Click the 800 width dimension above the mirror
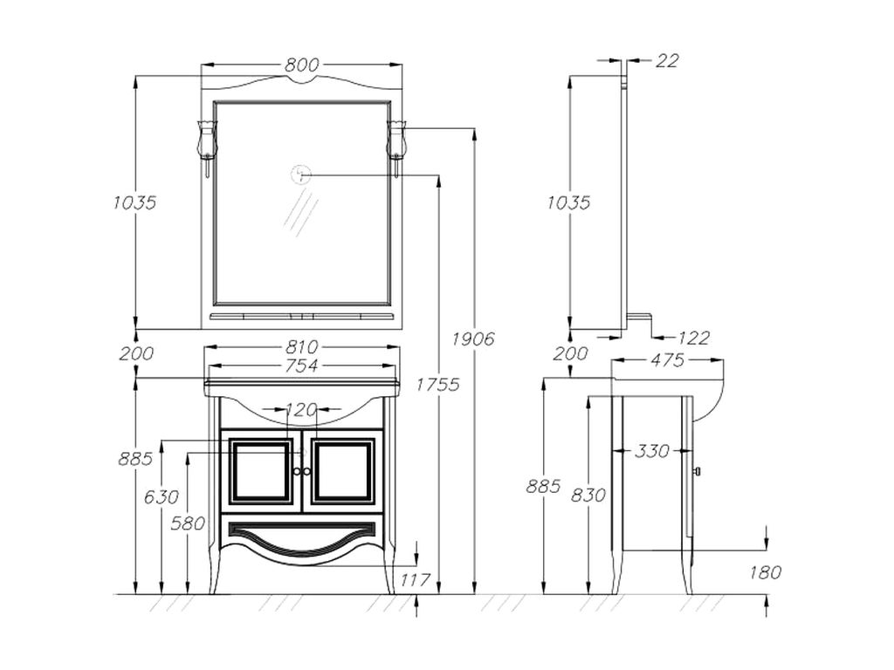[x=301, y=65]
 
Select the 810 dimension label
[x=301, y=347]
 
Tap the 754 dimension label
[x=301, y=366]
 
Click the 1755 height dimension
[x=437, y=384]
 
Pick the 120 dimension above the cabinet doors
[x=301, y=409]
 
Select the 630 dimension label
[x=162, y=497]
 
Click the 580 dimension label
[x=189, y=523]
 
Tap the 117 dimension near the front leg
[x=416, y=579]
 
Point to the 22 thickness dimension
[x=667, y=61]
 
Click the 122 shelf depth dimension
[x=694, y=338]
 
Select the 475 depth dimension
[x=667, y=360]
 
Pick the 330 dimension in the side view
[x=651, y=451]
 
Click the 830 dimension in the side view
[x=588, y=496]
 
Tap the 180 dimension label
[x=766, y=572]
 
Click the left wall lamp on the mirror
[x=207, y=141]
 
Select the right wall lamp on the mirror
[x=396, y=141]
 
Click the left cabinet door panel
[x=260, y=471]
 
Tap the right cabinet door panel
[x=342, y=471]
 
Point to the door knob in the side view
[x=697, y=471]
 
